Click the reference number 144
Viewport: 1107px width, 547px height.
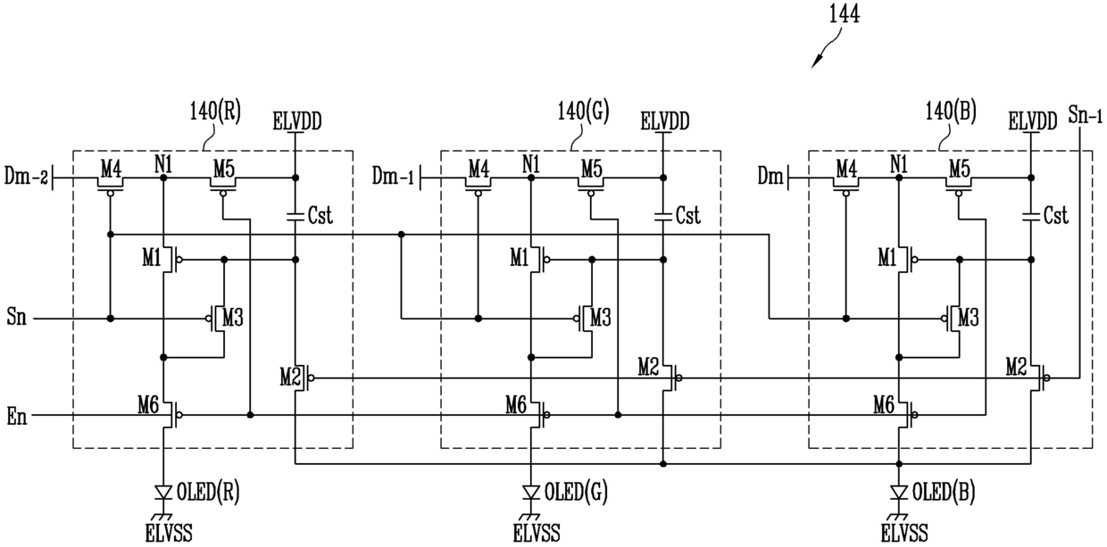[x=845, y=14]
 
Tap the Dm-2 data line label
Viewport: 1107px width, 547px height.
[x=26, y=176]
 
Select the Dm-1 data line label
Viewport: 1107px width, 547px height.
[x=394, y=176]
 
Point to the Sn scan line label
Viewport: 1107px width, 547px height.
[x=16, y=316]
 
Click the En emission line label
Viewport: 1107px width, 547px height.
[x=16, y=417]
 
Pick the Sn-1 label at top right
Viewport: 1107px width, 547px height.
[x=1085, y=114]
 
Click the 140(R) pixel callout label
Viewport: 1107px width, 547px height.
[x=215, y=112]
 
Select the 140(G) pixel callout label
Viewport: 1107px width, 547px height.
[x=583, y=112]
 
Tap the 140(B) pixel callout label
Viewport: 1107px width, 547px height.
[x=951, y=112]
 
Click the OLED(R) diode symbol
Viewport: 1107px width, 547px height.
[x=163, y=493]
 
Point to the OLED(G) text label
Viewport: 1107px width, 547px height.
[x=576, y=493]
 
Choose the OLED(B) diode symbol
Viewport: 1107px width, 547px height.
[x=899, y=493]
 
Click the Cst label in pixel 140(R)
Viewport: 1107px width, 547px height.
[x=320, y=215]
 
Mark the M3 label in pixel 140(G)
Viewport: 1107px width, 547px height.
[x=601, y=318]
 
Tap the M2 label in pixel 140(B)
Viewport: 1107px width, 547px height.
[x=1016, y=367]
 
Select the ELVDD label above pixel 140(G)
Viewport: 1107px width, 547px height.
[x=665, y=121]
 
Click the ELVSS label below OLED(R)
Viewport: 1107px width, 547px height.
[x=169, y=534]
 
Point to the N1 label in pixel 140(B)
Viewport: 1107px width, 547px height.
[x=899, y=164]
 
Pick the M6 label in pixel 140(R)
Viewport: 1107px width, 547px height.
[x=148, y=406]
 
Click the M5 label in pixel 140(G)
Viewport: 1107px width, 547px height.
[x=592, y=170]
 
